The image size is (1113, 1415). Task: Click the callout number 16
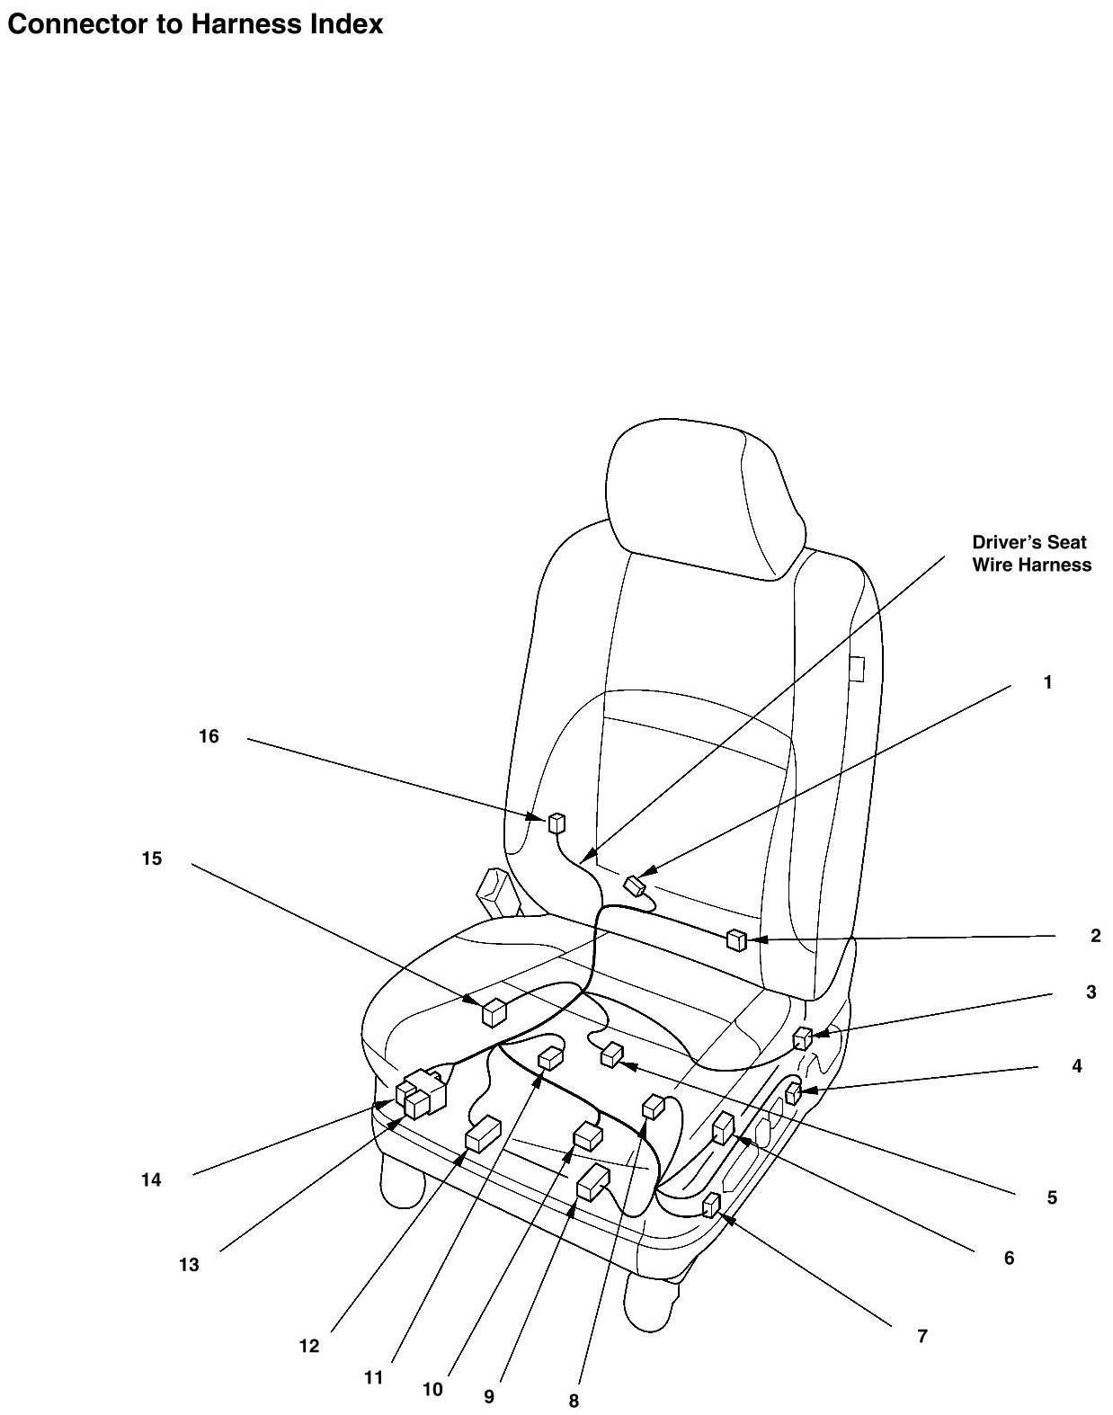coord(209,737)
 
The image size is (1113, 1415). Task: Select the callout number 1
coord(1047,683)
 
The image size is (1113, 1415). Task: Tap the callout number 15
coord(152,859)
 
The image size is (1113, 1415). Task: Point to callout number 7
coord(922,1336)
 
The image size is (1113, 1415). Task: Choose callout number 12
coord(309,1346)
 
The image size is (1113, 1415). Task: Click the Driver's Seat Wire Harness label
coord(1031,554)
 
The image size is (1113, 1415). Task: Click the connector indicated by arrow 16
coord(557,822)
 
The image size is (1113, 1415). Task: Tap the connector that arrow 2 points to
coord(736,940)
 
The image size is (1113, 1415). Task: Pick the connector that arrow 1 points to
coord(637,885)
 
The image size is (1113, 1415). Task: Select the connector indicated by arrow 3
coord(802,1038)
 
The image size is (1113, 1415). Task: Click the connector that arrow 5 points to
coord(612,1055)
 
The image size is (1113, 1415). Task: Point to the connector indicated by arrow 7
coord(712,1204)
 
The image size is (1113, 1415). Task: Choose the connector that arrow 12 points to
coord(483,1135)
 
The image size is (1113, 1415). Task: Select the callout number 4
coord(1076,1067)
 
